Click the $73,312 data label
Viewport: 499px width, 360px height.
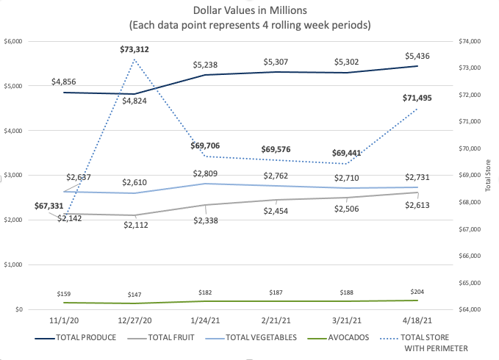(x=136, y=49)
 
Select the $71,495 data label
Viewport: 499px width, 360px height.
(x=418, y=98)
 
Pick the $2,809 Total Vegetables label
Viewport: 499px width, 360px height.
(x=207, y=173)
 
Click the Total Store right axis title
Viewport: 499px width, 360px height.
(x=487, y=176)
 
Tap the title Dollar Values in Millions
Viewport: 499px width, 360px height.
(x=249, y=12)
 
